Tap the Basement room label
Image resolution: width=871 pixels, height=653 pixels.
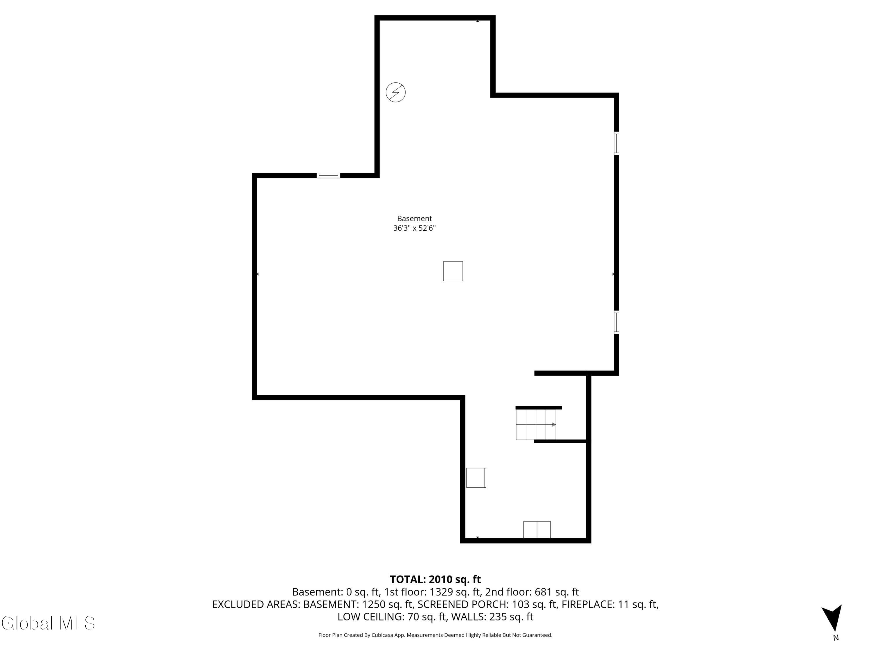pyautogui.click(x=414, y=219)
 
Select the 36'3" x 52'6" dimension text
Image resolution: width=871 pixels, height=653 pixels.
pyautogui.click(x=414, y=228)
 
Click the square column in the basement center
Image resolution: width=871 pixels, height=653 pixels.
pyautogui.click(x=453, y=271)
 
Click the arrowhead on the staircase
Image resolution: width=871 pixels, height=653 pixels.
pyautogui.click(x=554, y=424)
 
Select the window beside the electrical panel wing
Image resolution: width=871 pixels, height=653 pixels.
pyautogui.click(x=328, y=176)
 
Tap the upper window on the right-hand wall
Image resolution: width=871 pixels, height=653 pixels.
pyautogui.click(x=616, y=143)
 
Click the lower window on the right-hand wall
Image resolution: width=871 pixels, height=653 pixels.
pyautogui.click(x=616, y=322)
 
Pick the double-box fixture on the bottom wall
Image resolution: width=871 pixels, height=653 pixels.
pyautogui.click(x=537, y=529)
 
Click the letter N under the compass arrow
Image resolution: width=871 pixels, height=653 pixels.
pyautogui.click(x=836, y=638)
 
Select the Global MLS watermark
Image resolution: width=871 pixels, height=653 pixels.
pyautogui.click(x=48, y=623)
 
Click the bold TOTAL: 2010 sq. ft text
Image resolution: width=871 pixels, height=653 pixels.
pyautogui.click(x=435, y=579)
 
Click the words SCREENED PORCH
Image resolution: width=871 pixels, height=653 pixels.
pyautogui.click(x=463, y=604)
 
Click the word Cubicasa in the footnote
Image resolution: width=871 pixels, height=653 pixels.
pyautogui.click(x=381, y=635)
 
